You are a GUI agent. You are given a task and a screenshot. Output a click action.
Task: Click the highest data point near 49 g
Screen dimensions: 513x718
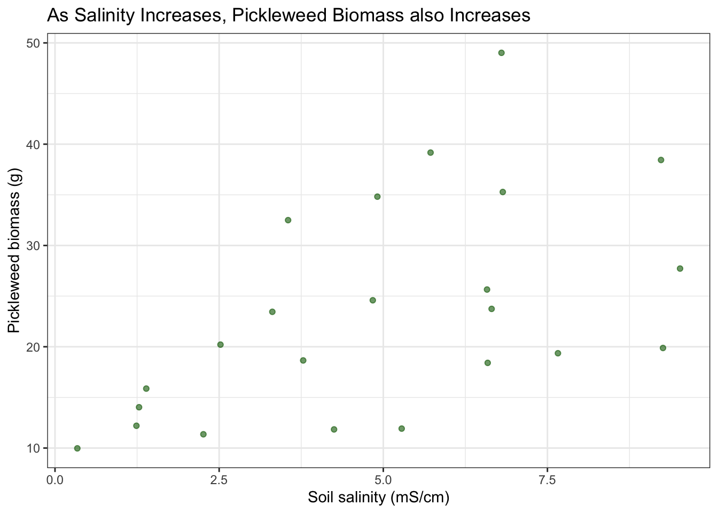pos(501,53)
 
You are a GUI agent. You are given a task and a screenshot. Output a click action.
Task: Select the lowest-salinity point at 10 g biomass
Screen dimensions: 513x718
pos(77,448)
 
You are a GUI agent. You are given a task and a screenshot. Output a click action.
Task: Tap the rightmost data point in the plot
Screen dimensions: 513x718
pos(680,268)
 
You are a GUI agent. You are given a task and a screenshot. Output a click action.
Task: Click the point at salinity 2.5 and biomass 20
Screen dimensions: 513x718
pos(220,345)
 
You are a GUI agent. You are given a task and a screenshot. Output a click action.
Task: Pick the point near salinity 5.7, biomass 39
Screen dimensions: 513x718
pos(431,153)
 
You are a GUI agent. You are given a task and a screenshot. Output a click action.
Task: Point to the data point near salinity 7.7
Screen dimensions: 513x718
pos(558,353)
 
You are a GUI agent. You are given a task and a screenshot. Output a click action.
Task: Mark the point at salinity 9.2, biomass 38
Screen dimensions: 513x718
pos(661,160)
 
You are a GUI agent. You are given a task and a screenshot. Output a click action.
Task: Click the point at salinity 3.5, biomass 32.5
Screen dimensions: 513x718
pos(288,220)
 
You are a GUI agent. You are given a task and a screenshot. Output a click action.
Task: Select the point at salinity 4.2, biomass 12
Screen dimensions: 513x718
pos(334,430)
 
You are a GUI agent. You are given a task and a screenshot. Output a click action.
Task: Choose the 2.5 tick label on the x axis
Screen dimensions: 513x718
pos(218,479)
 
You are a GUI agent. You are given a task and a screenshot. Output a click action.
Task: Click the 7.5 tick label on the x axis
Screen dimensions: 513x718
pos(547,479)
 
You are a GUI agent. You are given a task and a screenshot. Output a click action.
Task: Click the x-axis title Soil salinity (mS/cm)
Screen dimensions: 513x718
pos(378,498)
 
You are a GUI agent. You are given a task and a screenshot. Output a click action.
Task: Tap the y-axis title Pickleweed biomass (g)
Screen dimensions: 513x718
pos(14,250)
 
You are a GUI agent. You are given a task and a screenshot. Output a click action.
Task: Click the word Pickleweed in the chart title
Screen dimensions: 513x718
pos(280,15)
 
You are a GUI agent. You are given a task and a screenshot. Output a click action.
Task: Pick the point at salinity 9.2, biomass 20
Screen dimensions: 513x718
pos(663,348)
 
